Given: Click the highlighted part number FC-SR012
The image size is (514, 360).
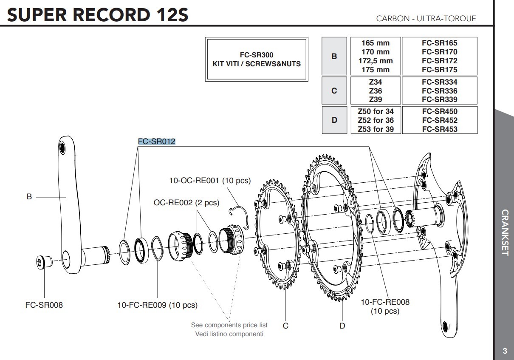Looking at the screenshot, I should coord(157,142).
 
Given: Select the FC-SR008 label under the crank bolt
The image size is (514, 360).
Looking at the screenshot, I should coord(44,305).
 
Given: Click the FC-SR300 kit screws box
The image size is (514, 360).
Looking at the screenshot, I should coord(256,60).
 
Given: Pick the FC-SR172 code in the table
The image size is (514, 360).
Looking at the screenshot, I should coord(439,61).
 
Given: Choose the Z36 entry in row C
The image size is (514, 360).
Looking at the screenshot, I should coord(375,91).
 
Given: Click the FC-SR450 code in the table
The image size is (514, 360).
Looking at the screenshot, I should coord(439,111).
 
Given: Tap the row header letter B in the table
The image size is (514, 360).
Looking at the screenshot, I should coord(334,56).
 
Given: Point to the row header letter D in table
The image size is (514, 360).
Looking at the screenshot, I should coord(334,120).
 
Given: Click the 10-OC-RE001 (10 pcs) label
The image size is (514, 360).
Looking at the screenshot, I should coord(210,181).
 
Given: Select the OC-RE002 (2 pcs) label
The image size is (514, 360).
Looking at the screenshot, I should coord(186,203).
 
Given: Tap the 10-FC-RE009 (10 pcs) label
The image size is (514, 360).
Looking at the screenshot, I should coord(157,305).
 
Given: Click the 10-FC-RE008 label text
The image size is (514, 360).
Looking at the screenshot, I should coord(385,302).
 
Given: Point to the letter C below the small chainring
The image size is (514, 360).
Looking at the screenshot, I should coord(285,326).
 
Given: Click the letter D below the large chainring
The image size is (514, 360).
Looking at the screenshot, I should coord(342,326).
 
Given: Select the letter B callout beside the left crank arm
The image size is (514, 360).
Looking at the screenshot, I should coord(29,197).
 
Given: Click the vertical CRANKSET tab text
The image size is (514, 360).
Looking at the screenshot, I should coord(504,232).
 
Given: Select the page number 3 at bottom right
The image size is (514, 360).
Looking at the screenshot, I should coord(504,351).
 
